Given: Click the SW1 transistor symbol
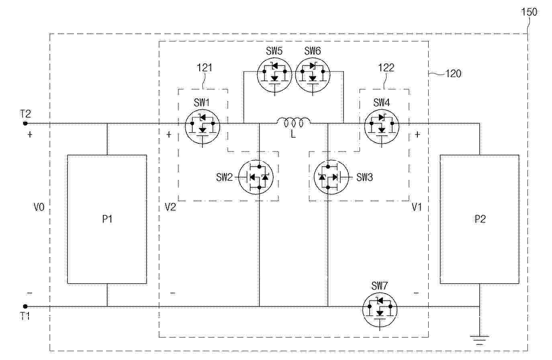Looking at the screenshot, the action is [x=202, y=127].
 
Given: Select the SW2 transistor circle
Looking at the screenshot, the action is [x=256, y=177].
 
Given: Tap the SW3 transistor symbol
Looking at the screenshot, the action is [x=331, y=177].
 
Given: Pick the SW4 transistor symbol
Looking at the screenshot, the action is [x=382, y=127].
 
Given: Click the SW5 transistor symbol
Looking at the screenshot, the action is [x=274, y=75].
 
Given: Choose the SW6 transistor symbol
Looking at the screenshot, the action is [x=313, y=75].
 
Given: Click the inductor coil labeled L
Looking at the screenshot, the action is [x=294, y=122].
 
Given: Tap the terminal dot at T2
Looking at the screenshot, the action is [x=25, y=123].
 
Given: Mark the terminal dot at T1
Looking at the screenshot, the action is [x=25, y=307].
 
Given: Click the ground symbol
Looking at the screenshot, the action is [x=480, y=340].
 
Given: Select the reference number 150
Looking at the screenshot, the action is [x=529, y=12].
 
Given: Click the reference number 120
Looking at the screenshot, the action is [x=454, y=74].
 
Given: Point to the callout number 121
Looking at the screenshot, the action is [x=204, y=68].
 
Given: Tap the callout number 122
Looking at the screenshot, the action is [x=386, y=68].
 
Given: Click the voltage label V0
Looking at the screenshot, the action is [x=39, y=207].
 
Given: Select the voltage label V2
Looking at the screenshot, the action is [x=170, y=207].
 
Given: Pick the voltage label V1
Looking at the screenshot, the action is [x=417, y=207].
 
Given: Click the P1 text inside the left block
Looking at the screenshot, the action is [x=107, y=219].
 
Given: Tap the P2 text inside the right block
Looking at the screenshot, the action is [x=480, y=219].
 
